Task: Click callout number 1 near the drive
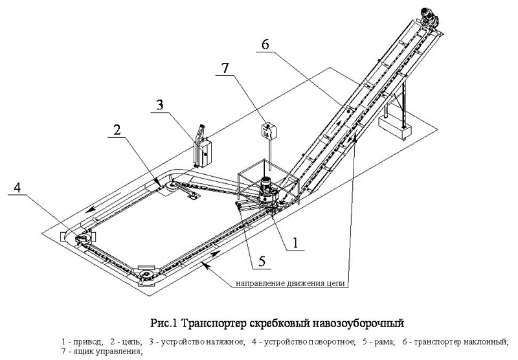pos(295,243)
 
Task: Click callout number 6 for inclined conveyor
pos(265,44)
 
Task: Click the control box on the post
pos(266,130)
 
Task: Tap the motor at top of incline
pos(427,14)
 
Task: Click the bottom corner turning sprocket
pos(148,277)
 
